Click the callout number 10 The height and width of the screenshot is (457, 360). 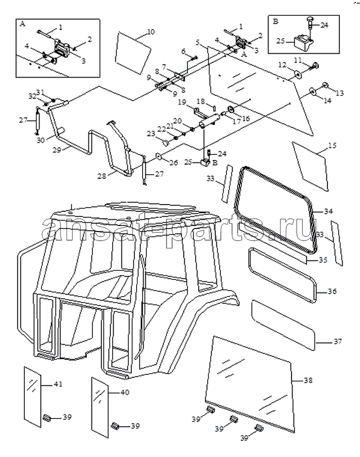[x=150, y=32]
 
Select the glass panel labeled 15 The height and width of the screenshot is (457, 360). [x=311, y=167]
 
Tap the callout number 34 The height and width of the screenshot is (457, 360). [x=328, y=211]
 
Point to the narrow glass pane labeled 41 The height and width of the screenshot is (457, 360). [x=32, y=397]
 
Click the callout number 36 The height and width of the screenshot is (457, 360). [x=332, y=291]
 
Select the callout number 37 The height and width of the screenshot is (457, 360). [x=338, y=341]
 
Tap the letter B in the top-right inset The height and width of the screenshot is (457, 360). [x=276, y=21]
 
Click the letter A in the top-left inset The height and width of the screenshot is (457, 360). [x=22, y=24]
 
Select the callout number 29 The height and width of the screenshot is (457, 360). [x=57, y=150]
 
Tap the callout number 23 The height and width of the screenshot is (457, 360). [x=151, y=134]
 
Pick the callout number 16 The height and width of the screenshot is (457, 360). [x=245, y=118]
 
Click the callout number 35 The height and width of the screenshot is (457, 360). [x=323, y=259]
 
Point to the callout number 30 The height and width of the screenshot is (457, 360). [x=41, y=140]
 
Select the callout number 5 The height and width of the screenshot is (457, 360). [x=198, y=43]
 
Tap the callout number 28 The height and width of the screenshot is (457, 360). [x=102, y=176]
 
